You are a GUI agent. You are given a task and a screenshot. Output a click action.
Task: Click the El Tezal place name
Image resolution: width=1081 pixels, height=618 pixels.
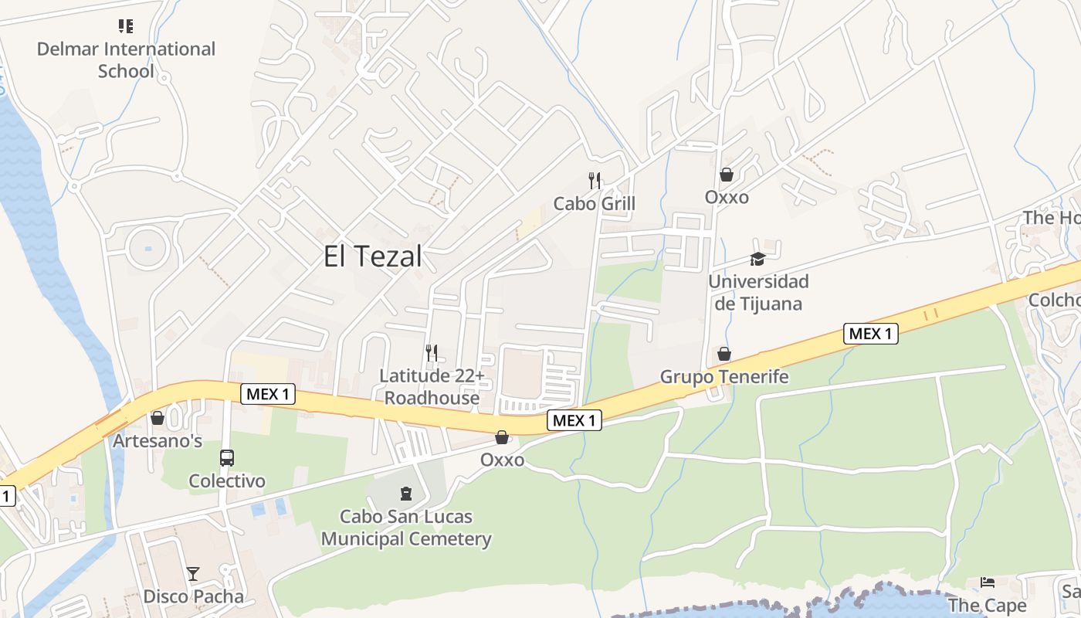tap(373, 256)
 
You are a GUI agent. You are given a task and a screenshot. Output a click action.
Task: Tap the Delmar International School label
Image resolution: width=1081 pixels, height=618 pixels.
tap(126, 59)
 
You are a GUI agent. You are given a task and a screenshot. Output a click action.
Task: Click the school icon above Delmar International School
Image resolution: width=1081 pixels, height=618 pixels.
tap(126, 26)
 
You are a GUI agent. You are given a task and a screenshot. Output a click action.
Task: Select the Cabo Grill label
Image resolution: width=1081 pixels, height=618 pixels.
tap(595, 203)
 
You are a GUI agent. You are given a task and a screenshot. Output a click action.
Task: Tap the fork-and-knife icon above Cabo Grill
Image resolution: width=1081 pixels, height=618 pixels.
tap(595, 181)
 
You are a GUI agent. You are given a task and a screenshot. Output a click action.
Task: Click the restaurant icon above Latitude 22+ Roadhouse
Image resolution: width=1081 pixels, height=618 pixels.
tap(432, 353)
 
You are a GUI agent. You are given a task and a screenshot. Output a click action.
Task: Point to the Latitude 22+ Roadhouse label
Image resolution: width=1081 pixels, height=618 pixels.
tap(432, 386)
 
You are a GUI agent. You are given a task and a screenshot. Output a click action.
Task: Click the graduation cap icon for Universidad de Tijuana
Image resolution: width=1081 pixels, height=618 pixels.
tap(757, 260)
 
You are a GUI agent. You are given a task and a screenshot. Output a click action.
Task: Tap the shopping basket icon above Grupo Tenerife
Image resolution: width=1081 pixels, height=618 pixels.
tap(724, 354)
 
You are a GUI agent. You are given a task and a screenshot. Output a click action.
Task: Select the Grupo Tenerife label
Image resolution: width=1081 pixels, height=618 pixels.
tap(724, 376)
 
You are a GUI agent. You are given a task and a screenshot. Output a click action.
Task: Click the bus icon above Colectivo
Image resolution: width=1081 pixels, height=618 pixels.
tap(227, 458)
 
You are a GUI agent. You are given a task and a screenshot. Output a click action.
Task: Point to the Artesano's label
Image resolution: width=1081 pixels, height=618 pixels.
tap(158, 441)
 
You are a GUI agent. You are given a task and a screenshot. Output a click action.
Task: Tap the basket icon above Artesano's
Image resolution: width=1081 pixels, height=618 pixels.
tap(158, 418)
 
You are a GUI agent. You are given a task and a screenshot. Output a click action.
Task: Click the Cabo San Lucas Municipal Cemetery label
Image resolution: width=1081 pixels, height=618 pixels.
tap(406, 527)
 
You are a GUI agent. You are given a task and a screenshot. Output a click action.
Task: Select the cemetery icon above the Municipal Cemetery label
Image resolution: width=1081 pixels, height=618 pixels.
tap(406, 493)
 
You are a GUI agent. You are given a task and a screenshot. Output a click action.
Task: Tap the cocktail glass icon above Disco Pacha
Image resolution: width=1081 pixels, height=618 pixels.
tap(193, 574)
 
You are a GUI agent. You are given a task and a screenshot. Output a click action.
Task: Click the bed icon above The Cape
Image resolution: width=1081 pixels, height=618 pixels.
tap(988, 582)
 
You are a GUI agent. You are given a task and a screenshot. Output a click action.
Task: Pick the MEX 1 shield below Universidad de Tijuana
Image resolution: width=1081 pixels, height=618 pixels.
tap(870, 334)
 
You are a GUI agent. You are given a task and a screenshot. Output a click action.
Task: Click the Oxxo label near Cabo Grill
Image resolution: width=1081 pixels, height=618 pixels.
tap(727, 197)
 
